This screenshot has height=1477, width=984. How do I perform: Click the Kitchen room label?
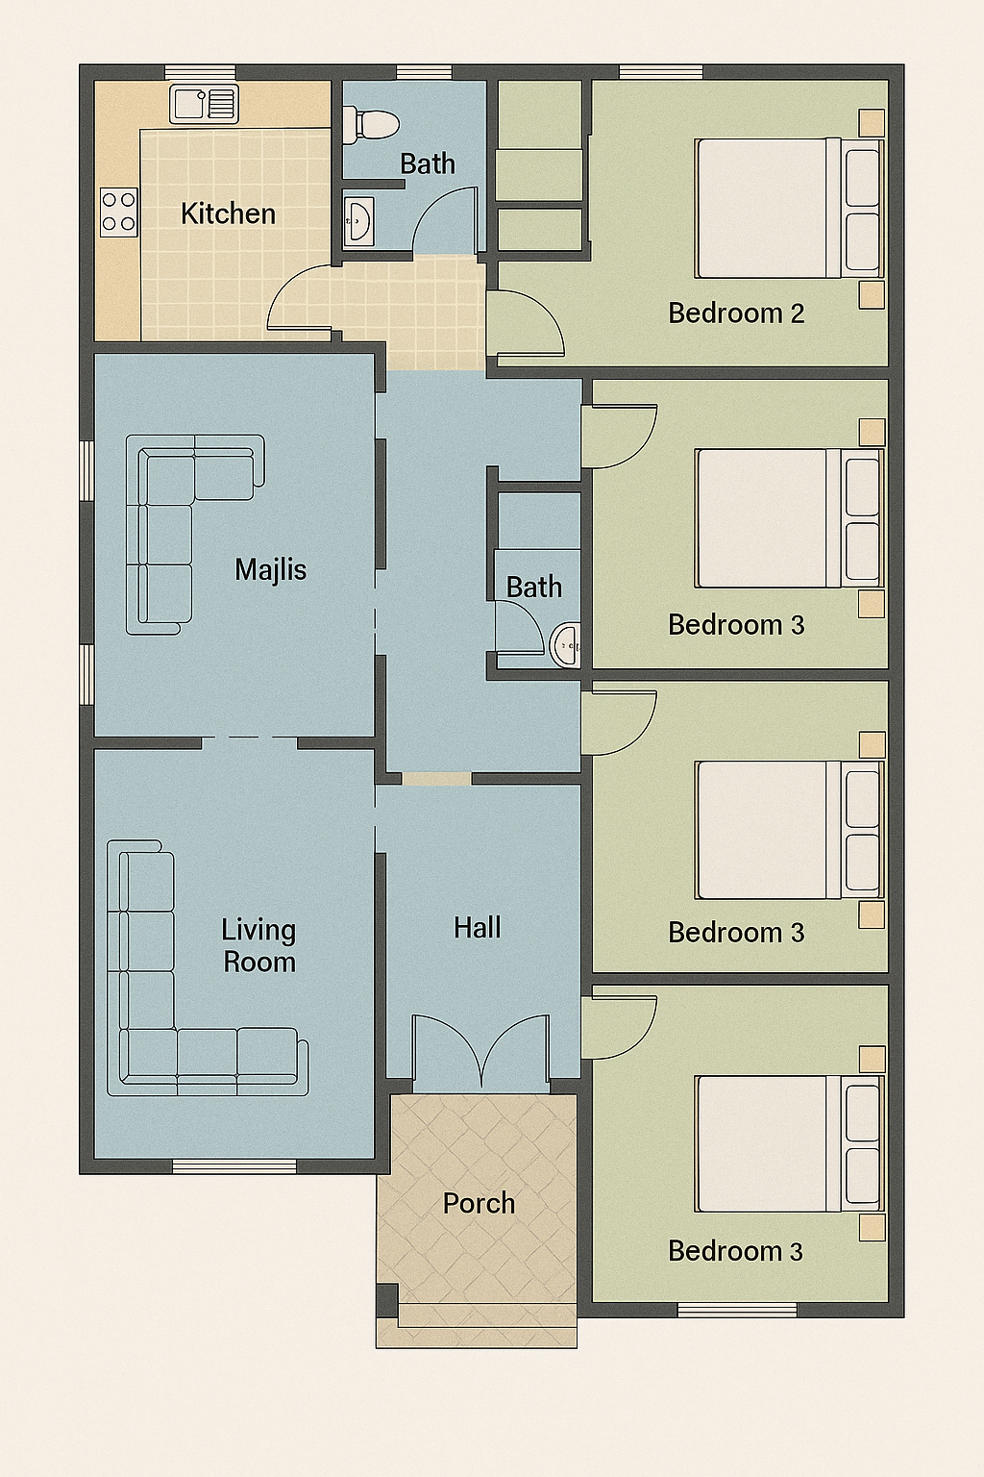(228, 213)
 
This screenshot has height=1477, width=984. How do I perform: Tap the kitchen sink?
(204, 104)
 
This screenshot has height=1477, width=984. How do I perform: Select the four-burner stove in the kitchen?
(118, 212)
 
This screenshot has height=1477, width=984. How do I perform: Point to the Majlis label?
(271, 569)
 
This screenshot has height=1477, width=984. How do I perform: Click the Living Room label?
(259, 945)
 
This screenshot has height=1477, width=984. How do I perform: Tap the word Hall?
(478, 928)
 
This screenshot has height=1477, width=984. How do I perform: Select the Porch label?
(479, 1203)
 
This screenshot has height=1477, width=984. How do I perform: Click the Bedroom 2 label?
(736, 313)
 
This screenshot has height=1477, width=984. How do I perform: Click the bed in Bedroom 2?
(789, 208)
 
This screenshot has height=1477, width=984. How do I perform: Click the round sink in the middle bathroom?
(565, 644)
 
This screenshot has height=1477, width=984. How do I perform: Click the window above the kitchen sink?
(200, 72)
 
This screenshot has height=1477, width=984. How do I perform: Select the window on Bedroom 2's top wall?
(661, 72)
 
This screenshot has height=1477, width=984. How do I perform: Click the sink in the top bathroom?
(358, 220)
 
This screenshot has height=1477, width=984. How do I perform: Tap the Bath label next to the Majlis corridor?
(534, 587)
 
